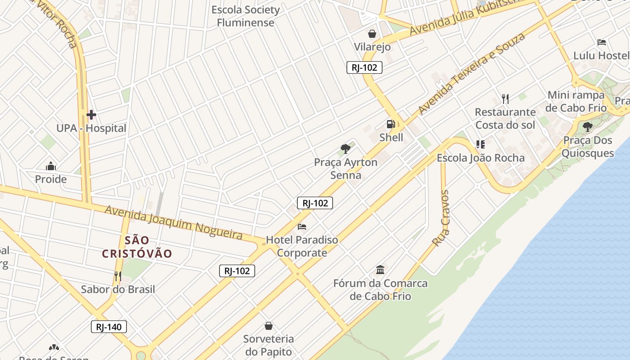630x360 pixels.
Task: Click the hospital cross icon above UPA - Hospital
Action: (x=91, y=115)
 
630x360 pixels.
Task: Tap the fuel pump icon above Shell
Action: (x=391, y=124)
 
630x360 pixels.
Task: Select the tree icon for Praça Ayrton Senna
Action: (x=345, y=148)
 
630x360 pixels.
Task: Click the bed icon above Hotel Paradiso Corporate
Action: (x=302, y=226)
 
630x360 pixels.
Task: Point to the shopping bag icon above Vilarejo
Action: (x=372, y=34)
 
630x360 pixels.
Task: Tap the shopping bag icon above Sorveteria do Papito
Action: (x=269, y=325)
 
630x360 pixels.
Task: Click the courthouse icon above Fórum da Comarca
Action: (x=380, y=270)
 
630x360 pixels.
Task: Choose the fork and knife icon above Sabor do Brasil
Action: (x=118, y=276)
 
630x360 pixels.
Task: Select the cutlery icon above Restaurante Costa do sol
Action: (x=505, y=99)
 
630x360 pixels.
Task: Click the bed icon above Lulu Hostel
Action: (x=602, y=42)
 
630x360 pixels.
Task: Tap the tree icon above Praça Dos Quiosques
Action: (x=587, y=126)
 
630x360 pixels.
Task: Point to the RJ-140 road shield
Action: (x=109, y=327)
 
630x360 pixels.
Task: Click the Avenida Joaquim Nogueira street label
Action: (x=174, y=222)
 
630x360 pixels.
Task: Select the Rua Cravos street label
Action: (x=441, y=218)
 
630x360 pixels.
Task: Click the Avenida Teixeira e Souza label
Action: (x=471, y=73)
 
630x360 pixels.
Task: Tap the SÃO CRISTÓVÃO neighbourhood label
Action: (x=137, y=247)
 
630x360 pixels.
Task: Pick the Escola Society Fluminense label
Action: (x=246, y=16)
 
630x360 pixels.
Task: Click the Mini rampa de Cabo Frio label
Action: (x=576, y=102)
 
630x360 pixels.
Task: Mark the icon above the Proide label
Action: (x=51, y=166)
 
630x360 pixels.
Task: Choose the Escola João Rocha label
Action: (x=481, y=158)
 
